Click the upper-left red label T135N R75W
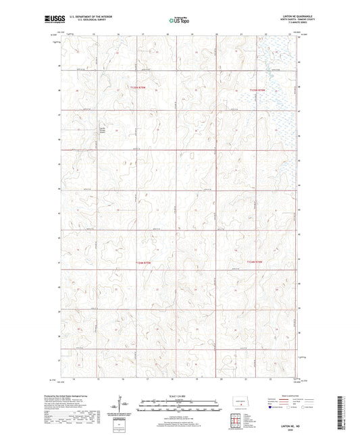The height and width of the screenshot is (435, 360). click(x=137, y=88)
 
